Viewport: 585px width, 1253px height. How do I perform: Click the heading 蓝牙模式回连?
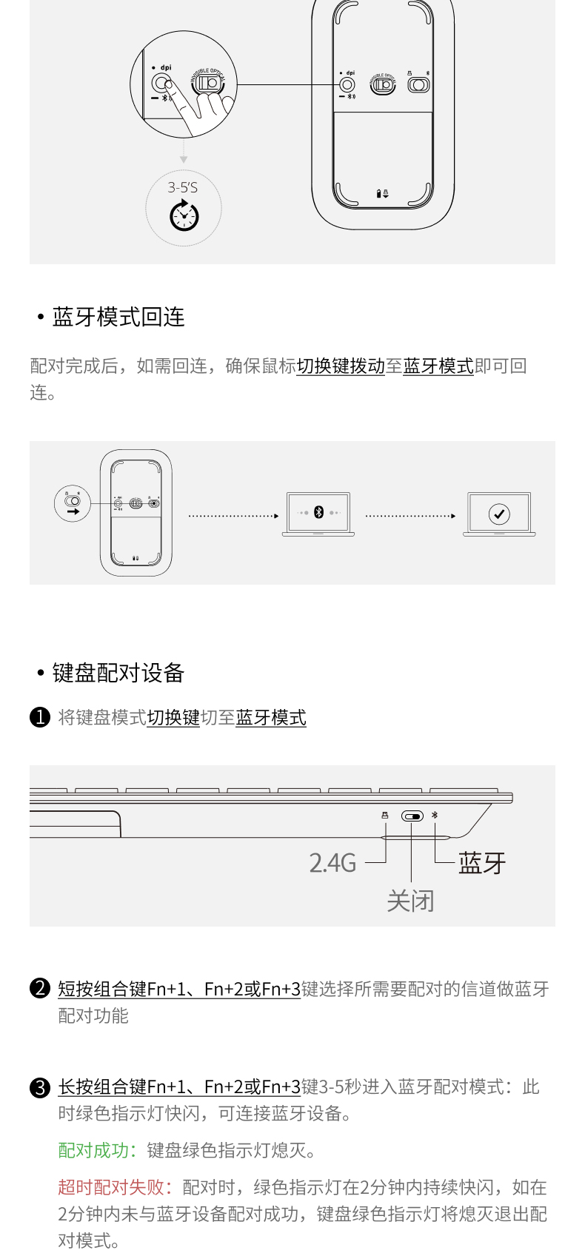118,317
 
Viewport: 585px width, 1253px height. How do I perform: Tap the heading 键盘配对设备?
118,672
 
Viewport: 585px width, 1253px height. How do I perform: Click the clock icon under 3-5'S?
184,216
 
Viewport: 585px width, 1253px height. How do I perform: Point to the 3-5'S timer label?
182,187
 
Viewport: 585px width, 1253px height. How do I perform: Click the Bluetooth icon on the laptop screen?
318,512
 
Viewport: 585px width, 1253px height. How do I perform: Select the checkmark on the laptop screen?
499,514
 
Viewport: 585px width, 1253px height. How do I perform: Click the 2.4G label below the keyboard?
332,862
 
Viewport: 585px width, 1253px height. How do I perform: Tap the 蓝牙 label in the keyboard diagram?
481,863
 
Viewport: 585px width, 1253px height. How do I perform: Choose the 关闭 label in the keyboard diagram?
410,901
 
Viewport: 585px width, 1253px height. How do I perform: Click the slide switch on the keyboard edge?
412,816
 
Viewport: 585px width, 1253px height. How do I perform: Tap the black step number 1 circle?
40,717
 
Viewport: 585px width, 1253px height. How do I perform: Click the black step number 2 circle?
40,989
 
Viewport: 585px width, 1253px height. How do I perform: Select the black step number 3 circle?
40,1088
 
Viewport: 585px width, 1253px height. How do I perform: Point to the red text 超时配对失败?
111,1187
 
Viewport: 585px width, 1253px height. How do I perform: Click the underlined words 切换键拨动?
341,366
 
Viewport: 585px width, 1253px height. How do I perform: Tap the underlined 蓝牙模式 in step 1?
271,717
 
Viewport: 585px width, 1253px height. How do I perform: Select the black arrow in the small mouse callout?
73,511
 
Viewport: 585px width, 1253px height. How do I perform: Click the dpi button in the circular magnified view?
161,84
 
